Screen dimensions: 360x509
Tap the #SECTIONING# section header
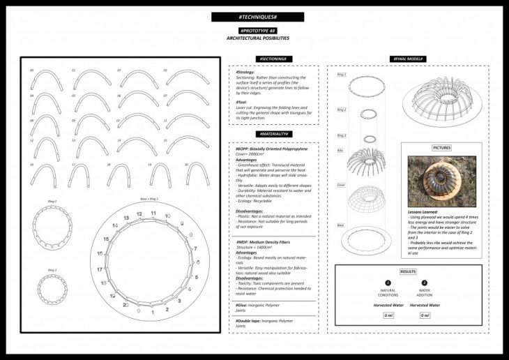coord(274,59)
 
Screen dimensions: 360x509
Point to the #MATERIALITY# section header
coord(274,133)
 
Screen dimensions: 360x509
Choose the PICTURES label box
coord(441,148)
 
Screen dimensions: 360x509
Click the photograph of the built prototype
coord(441,182)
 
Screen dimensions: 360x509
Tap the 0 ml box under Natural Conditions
coord(388,315)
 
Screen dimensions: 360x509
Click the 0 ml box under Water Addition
coord(424,315)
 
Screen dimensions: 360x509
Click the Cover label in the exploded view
coord(341,186)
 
